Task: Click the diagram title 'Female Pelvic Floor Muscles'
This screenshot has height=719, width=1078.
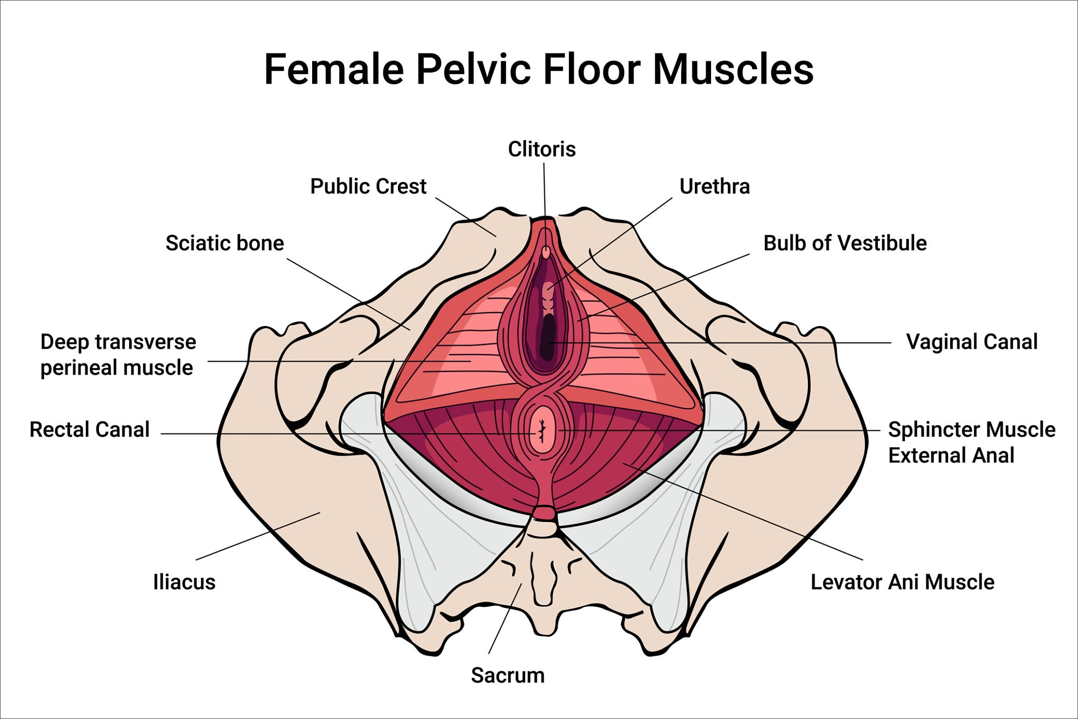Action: pos(538,70)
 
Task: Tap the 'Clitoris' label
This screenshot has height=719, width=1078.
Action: pos(542,149)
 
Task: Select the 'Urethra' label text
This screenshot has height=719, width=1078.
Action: pos(714,186)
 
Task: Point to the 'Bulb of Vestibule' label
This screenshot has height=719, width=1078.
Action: pos(845,243)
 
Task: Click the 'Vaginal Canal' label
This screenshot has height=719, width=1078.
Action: pos(972,342)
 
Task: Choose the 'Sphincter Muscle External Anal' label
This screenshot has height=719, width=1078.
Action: pos(971,442)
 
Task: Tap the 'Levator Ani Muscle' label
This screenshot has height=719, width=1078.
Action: pos(902,582)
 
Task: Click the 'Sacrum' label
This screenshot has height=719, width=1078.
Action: pos(507,675)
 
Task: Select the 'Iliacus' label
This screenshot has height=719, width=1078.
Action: pos(184,582)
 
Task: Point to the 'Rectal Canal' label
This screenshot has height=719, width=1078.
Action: pos(89,430)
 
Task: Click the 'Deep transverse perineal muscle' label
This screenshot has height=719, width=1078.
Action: pos(118,355)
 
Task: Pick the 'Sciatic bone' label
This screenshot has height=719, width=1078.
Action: pos(225,243)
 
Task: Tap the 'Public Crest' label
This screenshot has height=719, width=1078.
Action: pos(368,186)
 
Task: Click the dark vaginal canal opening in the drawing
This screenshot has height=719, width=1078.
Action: pos(548,337)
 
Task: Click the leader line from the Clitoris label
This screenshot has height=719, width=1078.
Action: pos(544,190)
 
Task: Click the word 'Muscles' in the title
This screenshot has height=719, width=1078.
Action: pos(733,70)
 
